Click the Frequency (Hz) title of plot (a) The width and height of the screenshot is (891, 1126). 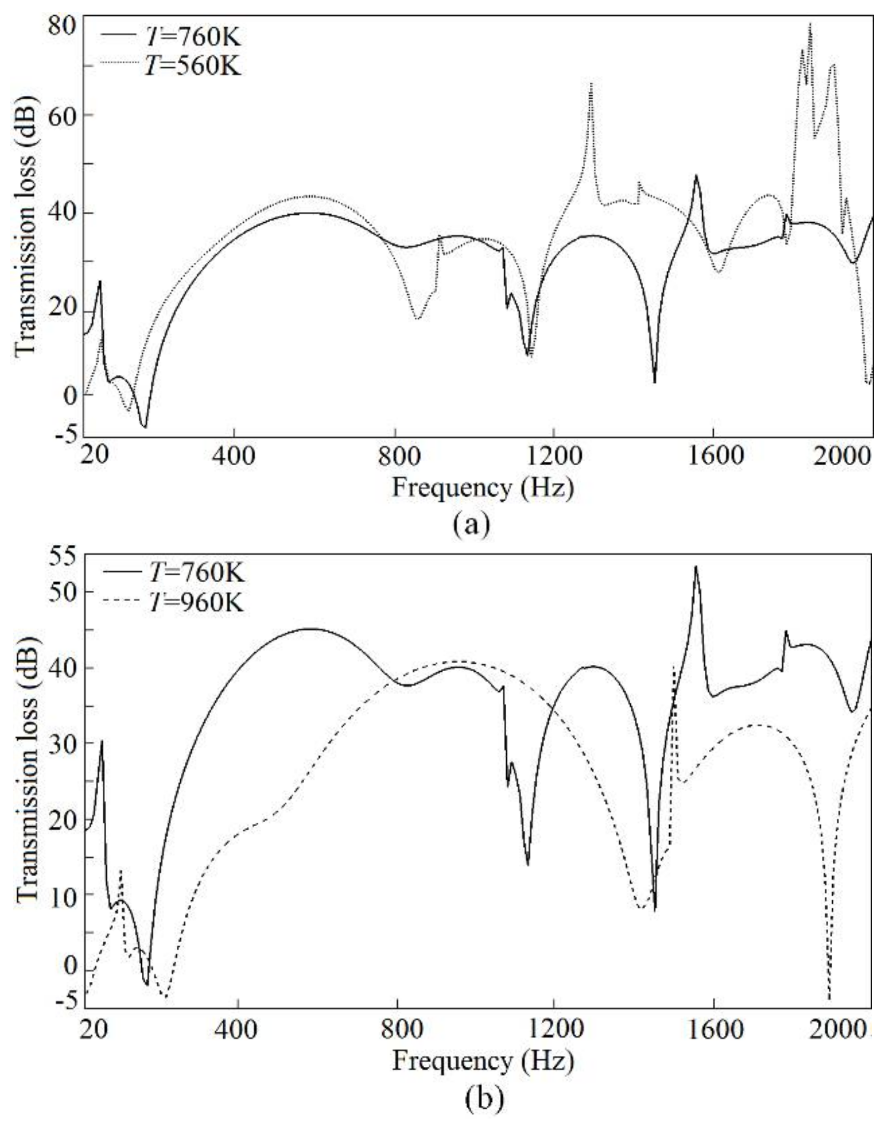click(x=483, y=488)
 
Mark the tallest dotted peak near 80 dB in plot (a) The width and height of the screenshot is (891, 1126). click(x=810, y=25)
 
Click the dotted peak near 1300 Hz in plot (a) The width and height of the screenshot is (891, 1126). click(x=591, y=84)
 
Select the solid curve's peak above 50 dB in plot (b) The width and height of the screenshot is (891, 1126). click(x=695, y=567)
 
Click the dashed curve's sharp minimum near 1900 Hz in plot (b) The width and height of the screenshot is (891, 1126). click(x=829, y=998)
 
